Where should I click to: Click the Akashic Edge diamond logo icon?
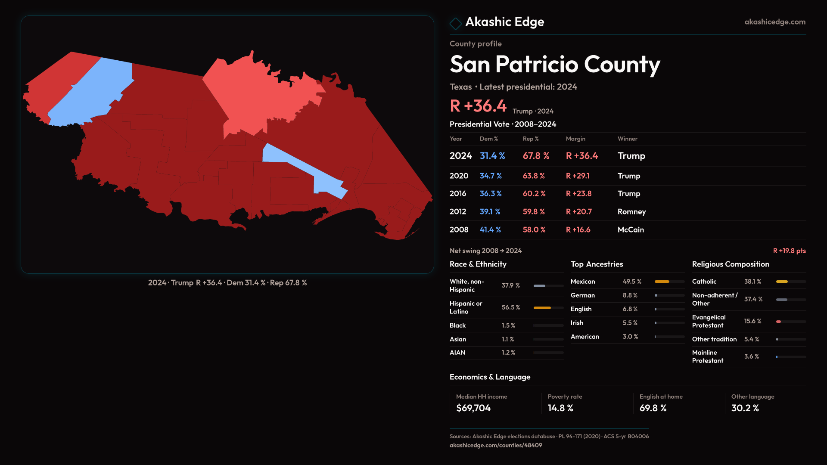[455, 23]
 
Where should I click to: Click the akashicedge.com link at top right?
[774, 22]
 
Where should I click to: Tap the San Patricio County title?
[555, 65]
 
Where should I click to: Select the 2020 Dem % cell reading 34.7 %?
[491, 176]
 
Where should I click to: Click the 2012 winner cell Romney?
[631, 212]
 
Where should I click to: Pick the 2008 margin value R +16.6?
[578, 230]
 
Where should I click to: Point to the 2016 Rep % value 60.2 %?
[534, 194]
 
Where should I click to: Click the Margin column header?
[575, 139]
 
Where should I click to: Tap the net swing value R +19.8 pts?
[789, 251]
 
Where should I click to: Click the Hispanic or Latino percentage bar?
[548, 308]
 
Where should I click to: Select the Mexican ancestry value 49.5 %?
[632, 282]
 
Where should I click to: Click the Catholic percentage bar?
[791, 282]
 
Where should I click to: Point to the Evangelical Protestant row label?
[709, 321]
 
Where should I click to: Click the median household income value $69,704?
[473, 408]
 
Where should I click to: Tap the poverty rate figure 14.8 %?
[560, 408]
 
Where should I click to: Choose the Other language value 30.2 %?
[745, 408]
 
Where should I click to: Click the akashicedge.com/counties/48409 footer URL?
[496, 445]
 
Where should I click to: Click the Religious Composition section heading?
[731, 264]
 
